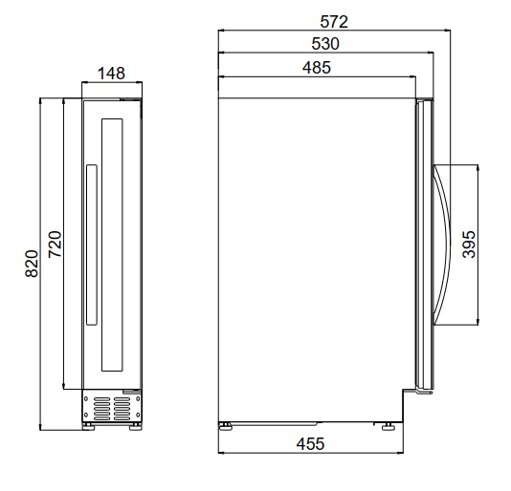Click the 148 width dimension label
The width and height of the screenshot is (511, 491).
click(x=111, y=74)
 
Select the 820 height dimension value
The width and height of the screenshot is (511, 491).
click(x=32, y=264)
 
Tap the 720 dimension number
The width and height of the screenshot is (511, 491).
click(x=55, y=245)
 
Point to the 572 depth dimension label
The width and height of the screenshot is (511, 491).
click(x=334, y=22)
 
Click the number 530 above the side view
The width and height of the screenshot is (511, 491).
click(x=325, y=44)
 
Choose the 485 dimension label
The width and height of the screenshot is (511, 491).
click(x=317, y=68)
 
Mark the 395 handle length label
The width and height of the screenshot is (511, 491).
click(x=469, y=245)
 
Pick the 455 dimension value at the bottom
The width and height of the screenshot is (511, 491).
click(x=310, y=444)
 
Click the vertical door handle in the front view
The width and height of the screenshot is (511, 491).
click(x=92, y=245)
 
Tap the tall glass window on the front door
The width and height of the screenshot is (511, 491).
click(x=112, y=245)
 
